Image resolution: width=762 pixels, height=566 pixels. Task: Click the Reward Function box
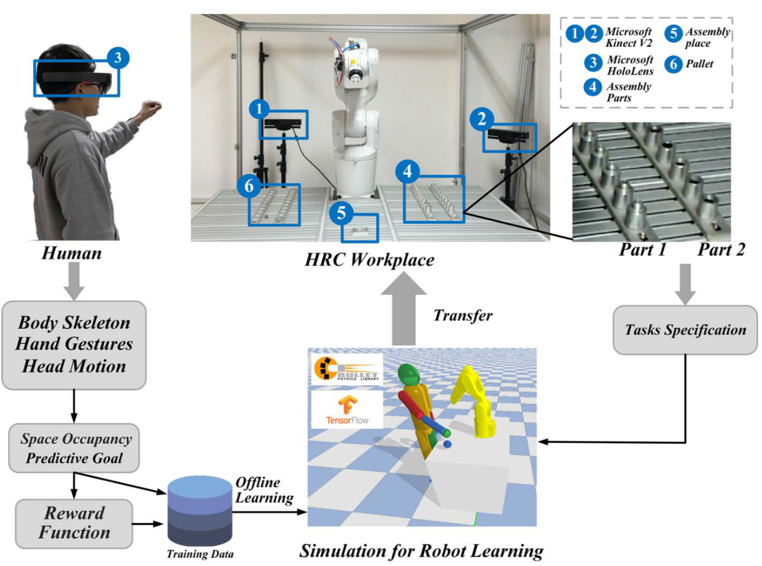click(x=74, y=523)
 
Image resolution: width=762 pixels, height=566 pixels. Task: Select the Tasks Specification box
click(x=685, y=330)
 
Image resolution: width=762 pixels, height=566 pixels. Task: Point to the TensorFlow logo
click(x=347, y=409)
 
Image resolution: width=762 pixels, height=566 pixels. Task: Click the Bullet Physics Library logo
click(x=347, y=369)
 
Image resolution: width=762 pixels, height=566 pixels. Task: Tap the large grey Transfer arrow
click(x=404, y=310)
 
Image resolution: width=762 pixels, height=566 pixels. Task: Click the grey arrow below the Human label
click(x=74, y=281)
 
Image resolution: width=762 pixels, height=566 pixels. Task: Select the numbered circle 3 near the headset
click(x=118, y=58)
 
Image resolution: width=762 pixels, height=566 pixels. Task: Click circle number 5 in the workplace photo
click(x=341, y=213)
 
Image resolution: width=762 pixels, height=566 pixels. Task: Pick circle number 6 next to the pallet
click(x=249, y=186)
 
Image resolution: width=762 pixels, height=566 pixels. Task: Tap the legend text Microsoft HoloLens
click(x=630, y=65)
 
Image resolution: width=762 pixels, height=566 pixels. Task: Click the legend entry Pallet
click(x=699, y=64)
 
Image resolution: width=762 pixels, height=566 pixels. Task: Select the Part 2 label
click(x=720, y=250)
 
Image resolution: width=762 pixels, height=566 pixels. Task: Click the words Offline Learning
click(x=264, y=490)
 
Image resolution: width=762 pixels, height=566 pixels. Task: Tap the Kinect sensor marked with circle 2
click(x=507, y=135)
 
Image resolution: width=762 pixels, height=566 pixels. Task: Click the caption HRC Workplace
click(x=369, y=260)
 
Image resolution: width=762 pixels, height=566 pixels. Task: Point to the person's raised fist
click(x=152, y=107)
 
